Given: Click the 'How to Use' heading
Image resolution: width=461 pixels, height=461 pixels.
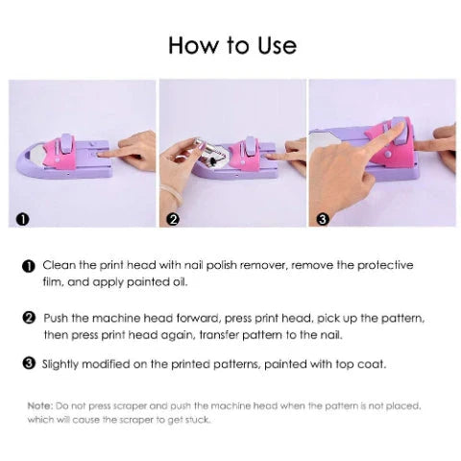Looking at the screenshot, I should tap(231, 45).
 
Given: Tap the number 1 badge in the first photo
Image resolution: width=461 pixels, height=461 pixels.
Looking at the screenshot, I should tap(22, 219).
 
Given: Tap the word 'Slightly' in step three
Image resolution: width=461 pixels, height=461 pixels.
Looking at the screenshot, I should tap(65, 364).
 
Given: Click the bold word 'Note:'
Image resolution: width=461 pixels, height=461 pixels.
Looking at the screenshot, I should tap(40, 405).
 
